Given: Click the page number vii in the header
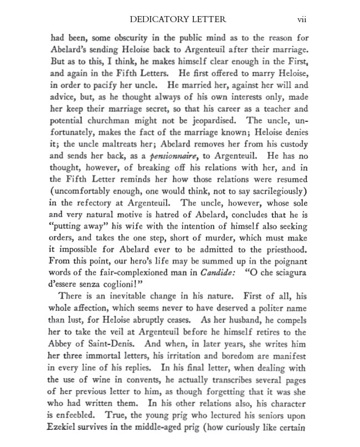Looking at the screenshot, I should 302,20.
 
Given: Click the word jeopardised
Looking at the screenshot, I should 208,120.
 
